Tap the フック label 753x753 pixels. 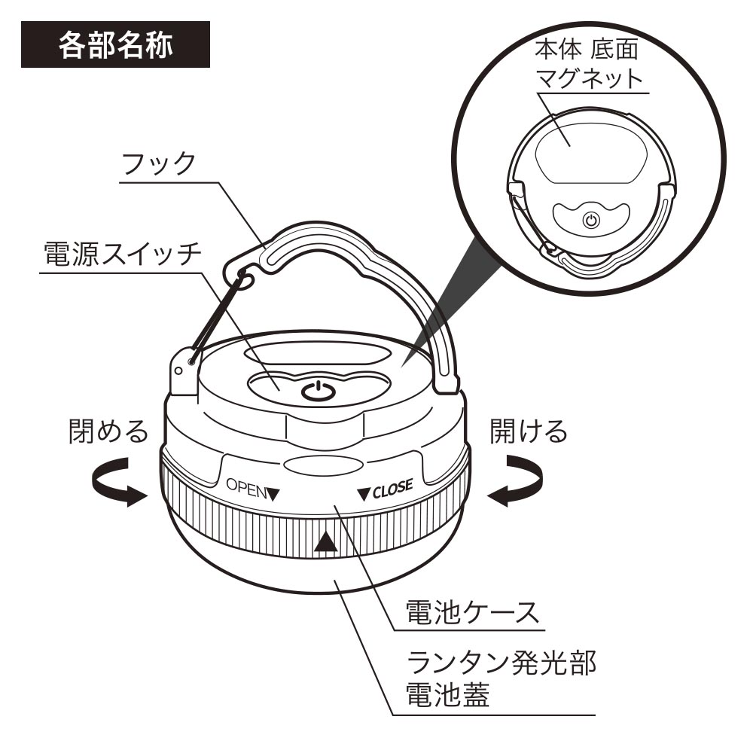[160, 163]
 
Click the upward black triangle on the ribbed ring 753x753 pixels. [325, 542]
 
